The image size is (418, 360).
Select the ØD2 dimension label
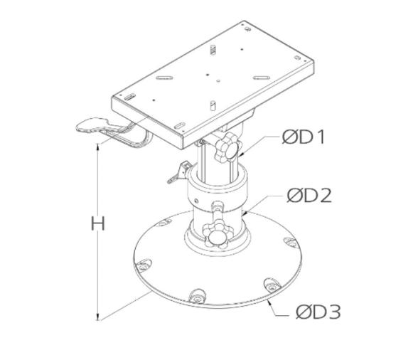(309, 195)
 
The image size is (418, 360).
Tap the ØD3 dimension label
(318, 312)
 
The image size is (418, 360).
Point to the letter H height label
(98, 223)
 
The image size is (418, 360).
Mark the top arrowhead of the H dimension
(97, 147)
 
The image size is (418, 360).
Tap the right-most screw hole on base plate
(291, 243)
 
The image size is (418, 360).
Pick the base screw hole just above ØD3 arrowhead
(270, 285)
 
